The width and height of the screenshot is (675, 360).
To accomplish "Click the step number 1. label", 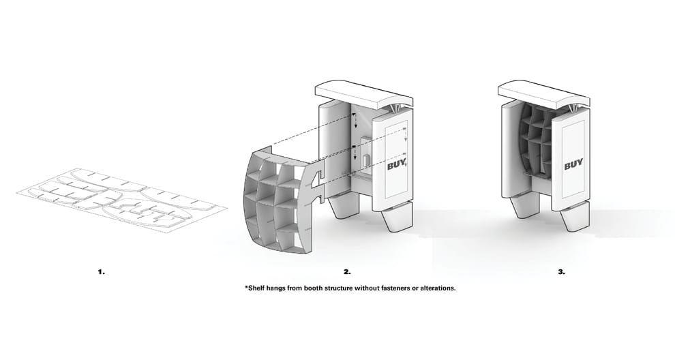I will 101,271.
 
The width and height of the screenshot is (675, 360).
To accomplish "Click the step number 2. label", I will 347,271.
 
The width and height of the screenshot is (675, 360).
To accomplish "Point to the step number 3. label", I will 561,271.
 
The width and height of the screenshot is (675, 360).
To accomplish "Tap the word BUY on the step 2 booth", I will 396,164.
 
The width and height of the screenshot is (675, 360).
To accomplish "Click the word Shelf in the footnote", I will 258,288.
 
